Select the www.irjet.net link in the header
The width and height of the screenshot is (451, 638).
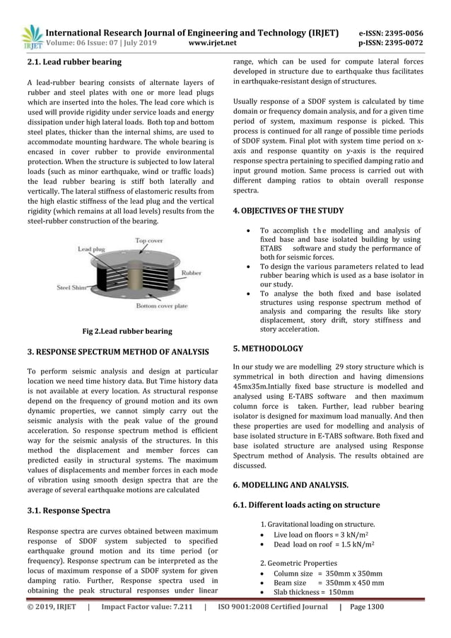coord(213,43)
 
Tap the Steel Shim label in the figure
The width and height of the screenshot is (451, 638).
coord(72,287)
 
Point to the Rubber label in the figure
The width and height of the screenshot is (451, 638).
coord(191,272)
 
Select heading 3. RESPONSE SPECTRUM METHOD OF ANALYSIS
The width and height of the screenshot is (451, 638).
coord(118,352)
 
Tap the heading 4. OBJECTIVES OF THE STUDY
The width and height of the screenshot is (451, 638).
coord(288,211)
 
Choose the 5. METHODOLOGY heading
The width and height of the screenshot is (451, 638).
coord(268,348)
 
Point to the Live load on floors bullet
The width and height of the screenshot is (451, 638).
coord(319,535)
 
